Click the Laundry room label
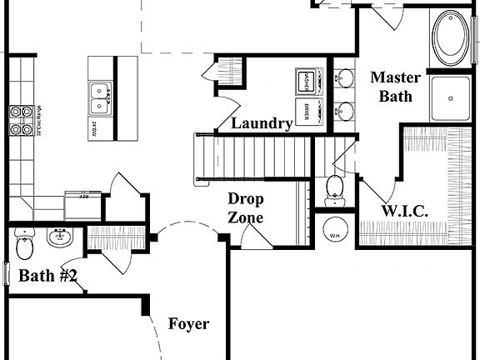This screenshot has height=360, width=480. coord(262,124)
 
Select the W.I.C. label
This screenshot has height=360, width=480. coord(405,211)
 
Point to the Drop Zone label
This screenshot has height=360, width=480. coord(246,208)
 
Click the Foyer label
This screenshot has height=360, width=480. coord(188,323)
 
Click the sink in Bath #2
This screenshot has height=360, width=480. coord(59,239)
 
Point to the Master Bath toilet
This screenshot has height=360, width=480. coord(334,188)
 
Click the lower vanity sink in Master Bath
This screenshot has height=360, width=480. coord(342,108)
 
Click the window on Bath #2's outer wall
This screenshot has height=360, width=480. coord(6,273)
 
